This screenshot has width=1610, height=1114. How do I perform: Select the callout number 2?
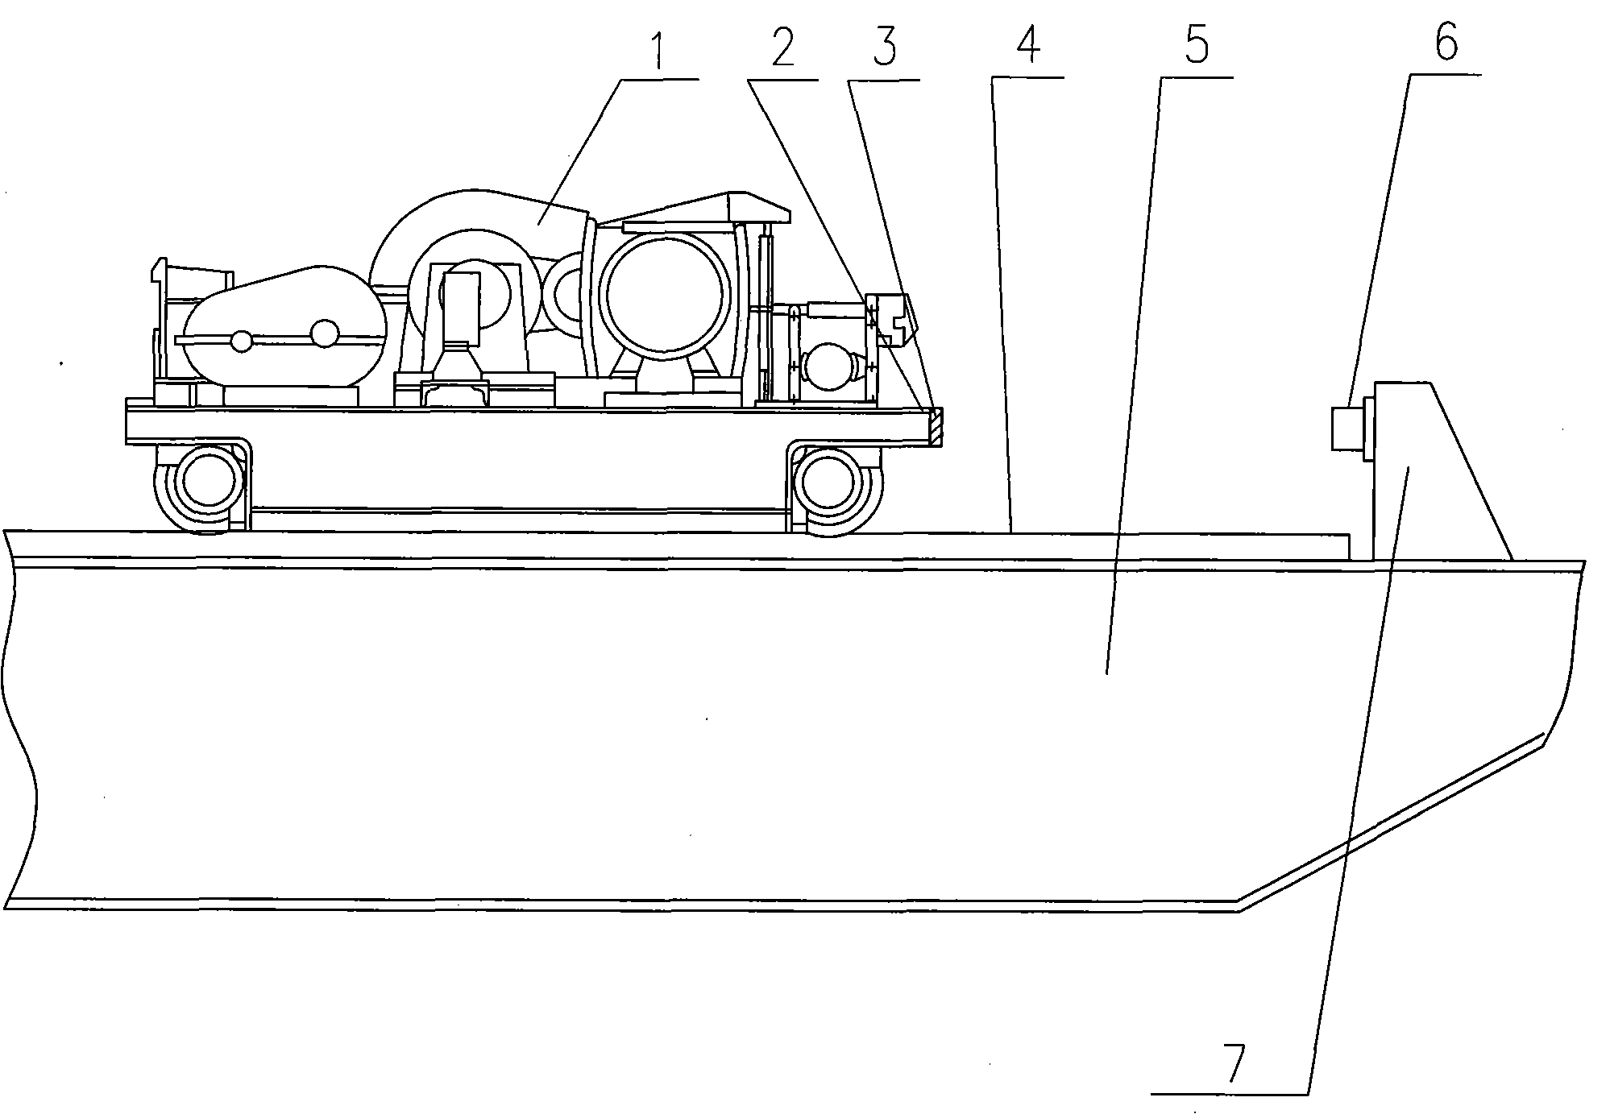[x=782, y=49]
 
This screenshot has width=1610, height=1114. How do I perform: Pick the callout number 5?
[x=1197, y=46]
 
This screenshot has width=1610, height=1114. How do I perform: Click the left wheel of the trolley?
[x=199, y=488]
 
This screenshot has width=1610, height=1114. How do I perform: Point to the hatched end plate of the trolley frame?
[x=936, y=426]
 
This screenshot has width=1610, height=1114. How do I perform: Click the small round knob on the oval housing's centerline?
[x=324, y=333]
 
